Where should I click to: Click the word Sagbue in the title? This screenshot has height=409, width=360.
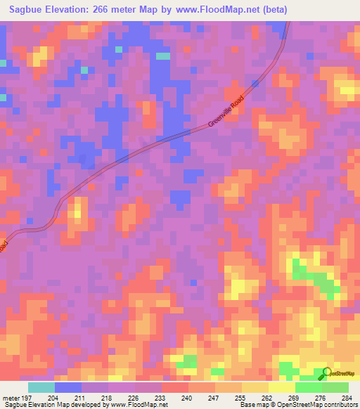pos(29,9)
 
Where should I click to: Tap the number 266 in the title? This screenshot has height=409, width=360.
pos(114,9)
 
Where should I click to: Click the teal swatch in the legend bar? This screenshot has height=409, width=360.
pos(41,387)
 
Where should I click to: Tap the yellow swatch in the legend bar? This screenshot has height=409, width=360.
pos(281,387)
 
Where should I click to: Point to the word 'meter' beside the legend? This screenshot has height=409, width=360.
pos(11,397)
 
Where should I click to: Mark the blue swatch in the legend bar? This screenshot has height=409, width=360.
pos(68,387)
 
